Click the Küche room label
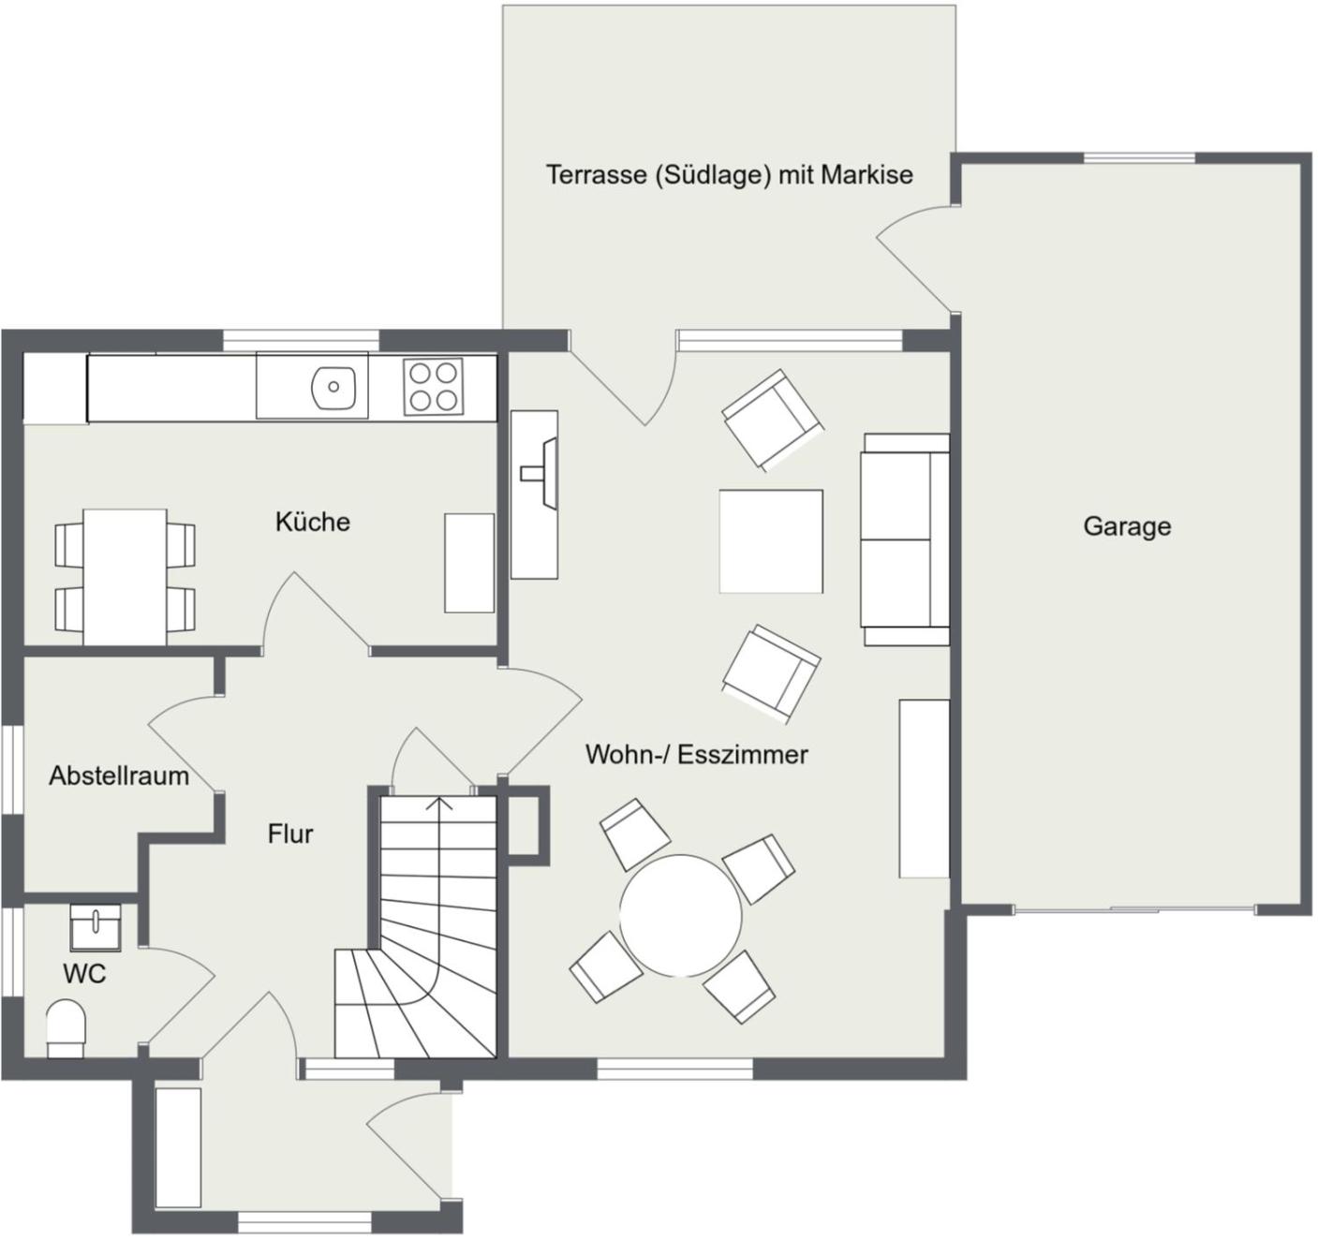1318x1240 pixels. tap(313, 522)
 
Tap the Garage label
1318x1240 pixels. tap(1127, 526)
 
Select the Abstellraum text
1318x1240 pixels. tap(119, 775)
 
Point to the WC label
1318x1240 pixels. tap(84, 974)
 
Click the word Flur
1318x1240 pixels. tap(290, 834)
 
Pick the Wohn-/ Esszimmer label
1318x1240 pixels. tap(697, 755)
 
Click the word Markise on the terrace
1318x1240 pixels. tap(866, 174)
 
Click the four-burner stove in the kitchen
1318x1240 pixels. tap(433, 387)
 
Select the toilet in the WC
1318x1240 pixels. tap(66, 1028)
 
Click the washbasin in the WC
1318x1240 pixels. tap(96, 927)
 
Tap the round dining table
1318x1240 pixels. tap(680, 915)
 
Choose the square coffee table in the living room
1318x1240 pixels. tap(771, 541)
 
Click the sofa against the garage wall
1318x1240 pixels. tap(905, 539)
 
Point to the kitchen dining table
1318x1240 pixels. tap(125, 577)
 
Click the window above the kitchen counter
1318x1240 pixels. tap(301, 340)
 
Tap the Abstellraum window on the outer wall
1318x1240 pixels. tap(11, 769)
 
